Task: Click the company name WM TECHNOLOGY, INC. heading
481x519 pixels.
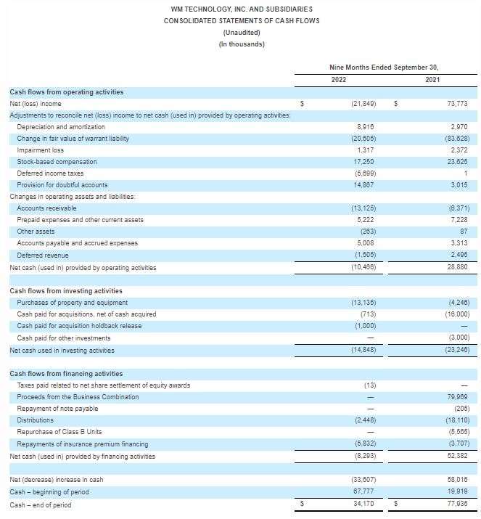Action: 242,9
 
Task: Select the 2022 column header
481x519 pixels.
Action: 338,79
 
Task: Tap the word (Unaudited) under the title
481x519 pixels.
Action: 242,32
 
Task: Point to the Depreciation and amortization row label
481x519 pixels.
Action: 61,127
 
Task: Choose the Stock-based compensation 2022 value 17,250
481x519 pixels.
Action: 363,162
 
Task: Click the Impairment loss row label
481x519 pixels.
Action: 40,150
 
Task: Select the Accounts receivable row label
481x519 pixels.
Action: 46,208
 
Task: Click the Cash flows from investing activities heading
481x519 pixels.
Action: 66,291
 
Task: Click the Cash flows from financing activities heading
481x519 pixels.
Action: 66,374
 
